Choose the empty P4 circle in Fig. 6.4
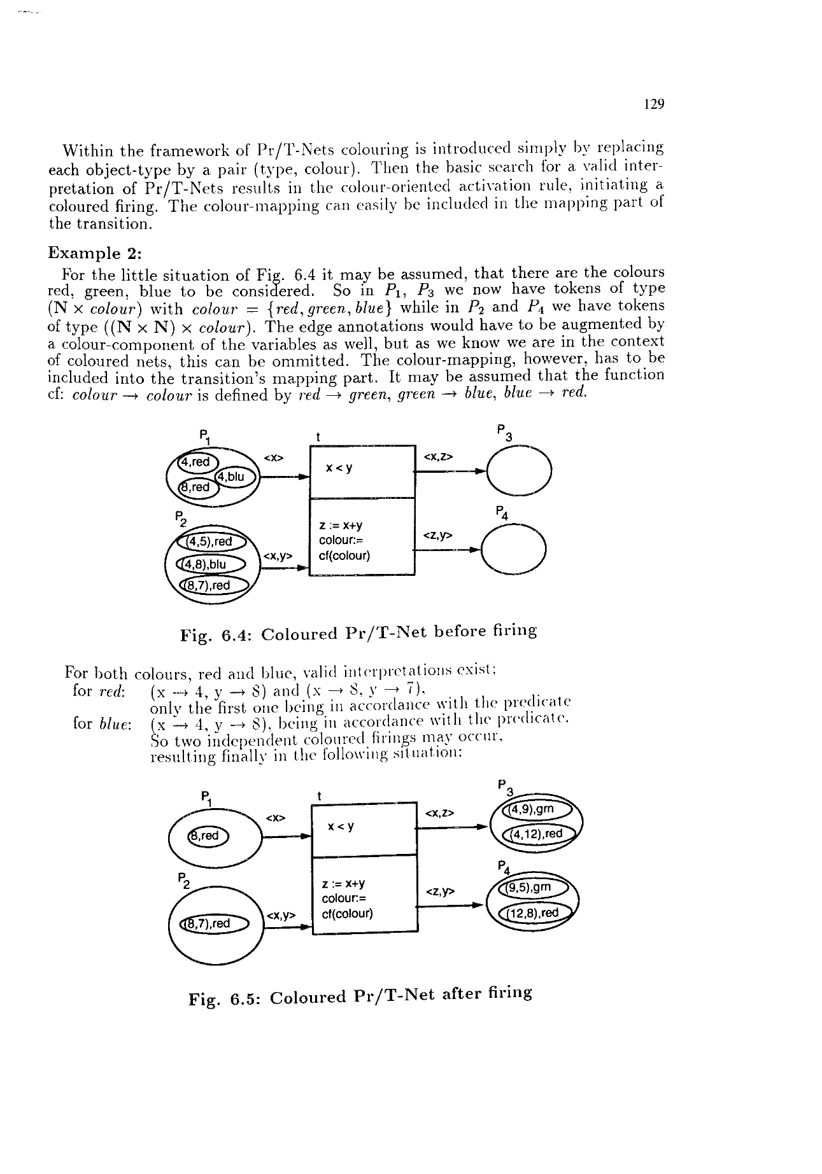coord(514,550)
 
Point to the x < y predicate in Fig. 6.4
coord(339,468)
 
